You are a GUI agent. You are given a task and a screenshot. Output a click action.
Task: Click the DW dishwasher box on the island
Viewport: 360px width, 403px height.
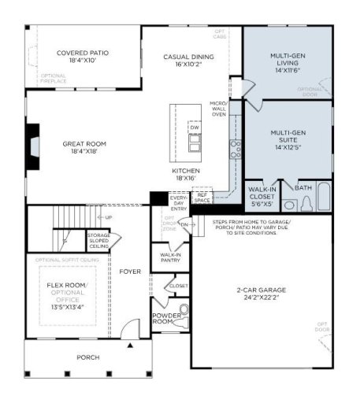pyautogui.click(x=194, y=127)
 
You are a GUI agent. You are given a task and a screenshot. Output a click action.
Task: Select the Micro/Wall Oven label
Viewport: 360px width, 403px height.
pyautogui.click(x=218, y=109)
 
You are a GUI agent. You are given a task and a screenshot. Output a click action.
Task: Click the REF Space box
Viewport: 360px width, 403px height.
pyautogui.click(x=202, y=198)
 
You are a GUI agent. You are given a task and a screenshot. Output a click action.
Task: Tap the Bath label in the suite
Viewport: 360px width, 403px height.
pyautogui.click(x=303, y=189)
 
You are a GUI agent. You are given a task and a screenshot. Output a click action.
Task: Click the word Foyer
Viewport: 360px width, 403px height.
pyautogui.click(x=130, y=272)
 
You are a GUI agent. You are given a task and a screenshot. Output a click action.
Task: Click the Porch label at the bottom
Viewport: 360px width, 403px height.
pyautogui.click(x=87, y=357)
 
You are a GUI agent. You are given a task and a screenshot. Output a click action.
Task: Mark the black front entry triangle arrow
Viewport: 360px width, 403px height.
pyautogui.click(x=132, y=343)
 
